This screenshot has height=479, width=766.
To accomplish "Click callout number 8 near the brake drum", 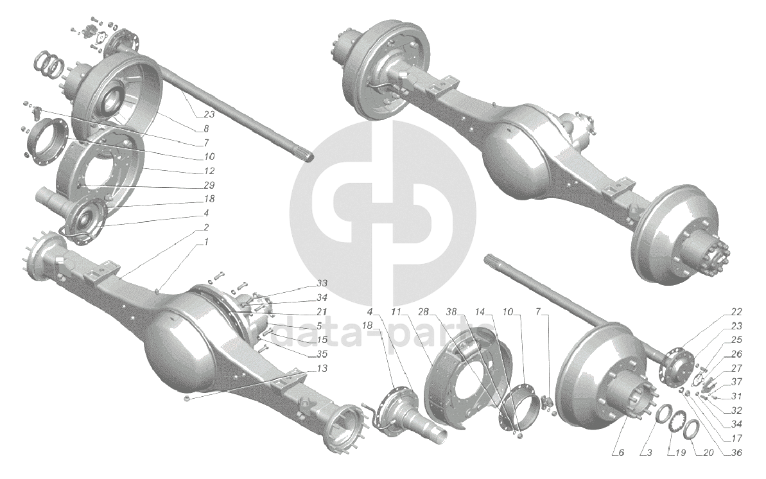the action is (x=206, y=129).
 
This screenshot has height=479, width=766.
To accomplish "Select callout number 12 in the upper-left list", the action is (x=209, y=171).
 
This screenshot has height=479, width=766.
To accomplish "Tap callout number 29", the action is (x=209, y=186).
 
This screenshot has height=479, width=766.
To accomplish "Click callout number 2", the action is (x=206, y=227).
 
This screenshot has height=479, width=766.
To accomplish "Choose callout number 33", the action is (x=322, y=284).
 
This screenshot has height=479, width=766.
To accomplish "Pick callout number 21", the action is (x=322, y=311).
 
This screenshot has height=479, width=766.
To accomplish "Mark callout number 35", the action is (x=322, y=354).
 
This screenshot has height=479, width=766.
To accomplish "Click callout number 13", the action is (x=322, y=368).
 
